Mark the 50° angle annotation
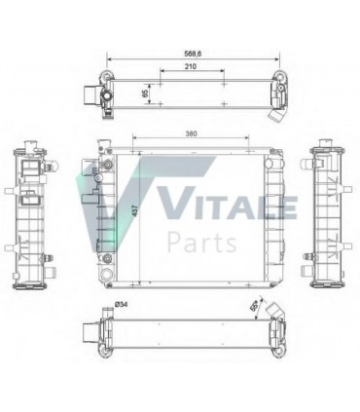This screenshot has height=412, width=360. (256, 306)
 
